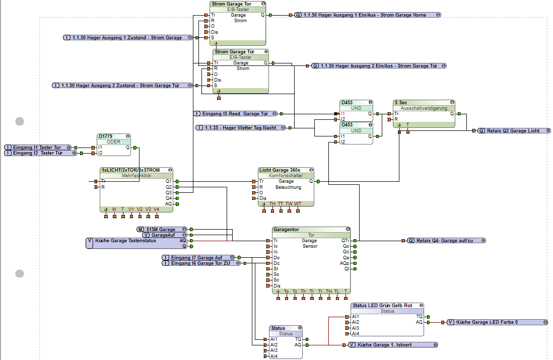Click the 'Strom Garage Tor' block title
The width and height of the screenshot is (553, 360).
pyautogui.click(x=231, y=4)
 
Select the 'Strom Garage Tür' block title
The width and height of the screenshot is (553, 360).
pyautogui.click(x=235, y=52)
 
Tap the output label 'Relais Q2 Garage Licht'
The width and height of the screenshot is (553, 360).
pyautogui.click(x=513, y=131)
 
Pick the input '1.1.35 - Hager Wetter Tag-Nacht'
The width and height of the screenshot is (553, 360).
pyautogui.click(x=241, y=128)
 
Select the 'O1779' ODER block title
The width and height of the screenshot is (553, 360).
pyautogui.click(x=106, y=136)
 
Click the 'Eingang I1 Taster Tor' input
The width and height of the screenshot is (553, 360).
pyautogui.click(x=37, y=148)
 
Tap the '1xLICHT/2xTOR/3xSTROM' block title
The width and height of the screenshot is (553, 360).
pyautogui.click(x=131, y=170)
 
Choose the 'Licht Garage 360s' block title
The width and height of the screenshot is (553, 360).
pyautogui.click(x=279, y=170)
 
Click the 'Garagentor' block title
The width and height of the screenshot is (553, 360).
pyautogui.click(x=286, y=230)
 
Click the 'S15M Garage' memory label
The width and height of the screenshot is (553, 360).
pyautogui.click(x=161, y=230)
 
